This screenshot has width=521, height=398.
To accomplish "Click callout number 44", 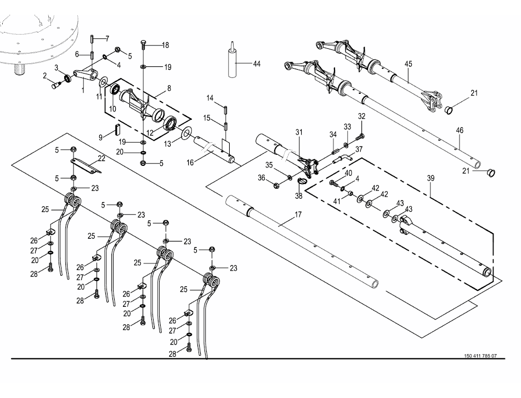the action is tap(257, 64).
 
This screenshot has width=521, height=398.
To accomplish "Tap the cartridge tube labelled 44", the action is tap(233, 60).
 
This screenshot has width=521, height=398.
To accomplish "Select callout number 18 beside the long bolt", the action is tap(165, 45).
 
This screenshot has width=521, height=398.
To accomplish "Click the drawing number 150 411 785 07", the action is tap(480, 356).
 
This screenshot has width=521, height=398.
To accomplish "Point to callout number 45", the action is tap(408, 64).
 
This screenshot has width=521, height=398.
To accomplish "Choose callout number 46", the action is tap(459, 131).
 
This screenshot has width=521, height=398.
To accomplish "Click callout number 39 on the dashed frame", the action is tap(431, 178).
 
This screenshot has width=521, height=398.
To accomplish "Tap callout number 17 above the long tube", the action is tap(298, 215).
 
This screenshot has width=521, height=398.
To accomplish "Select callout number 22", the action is tap(101, 159).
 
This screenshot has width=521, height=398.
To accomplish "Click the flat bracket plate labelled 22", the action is tap(87, 166).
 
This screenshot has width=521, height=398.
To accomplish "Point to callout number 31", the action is tap(299, 132).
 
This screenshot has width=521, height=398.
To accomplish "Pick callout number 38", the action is tap(299, 196).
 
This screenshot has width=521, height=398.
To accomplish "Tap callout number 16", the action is tap(190, 162).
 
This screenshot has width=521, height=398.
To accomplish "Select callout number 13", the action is tap(168, 144).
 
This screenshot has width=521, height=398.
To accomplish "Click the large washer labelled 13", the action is tap(186, 133).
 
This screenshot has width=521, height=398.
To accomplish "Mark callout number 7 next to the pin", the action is tap(107, 39).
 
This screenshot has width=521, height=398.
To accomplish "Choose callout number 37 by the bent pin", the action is tap(359, 150).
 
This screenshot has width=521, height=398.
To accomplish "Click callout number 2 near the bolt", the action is tap(45, 76).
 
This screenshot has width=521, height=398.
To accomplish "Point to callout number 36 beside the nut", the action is tap(262, 178).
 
